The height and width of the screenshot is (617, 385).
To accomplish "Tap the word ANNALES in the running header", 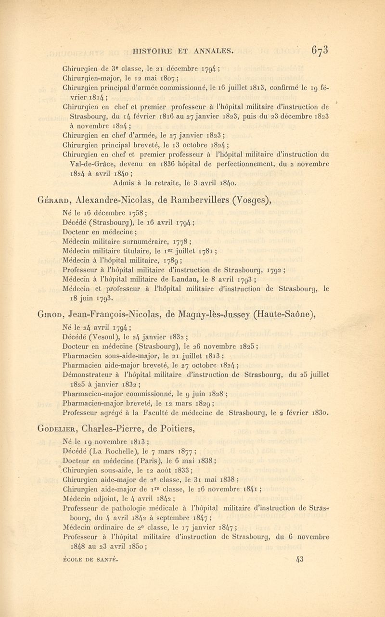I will pos(210,48).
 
